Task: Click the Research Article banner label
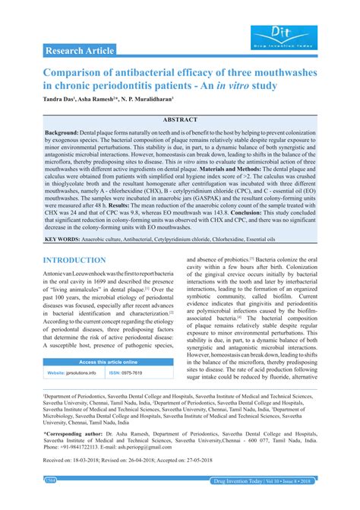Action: coord(79,51)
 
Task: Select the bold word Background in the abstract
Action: coord(68,131)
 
